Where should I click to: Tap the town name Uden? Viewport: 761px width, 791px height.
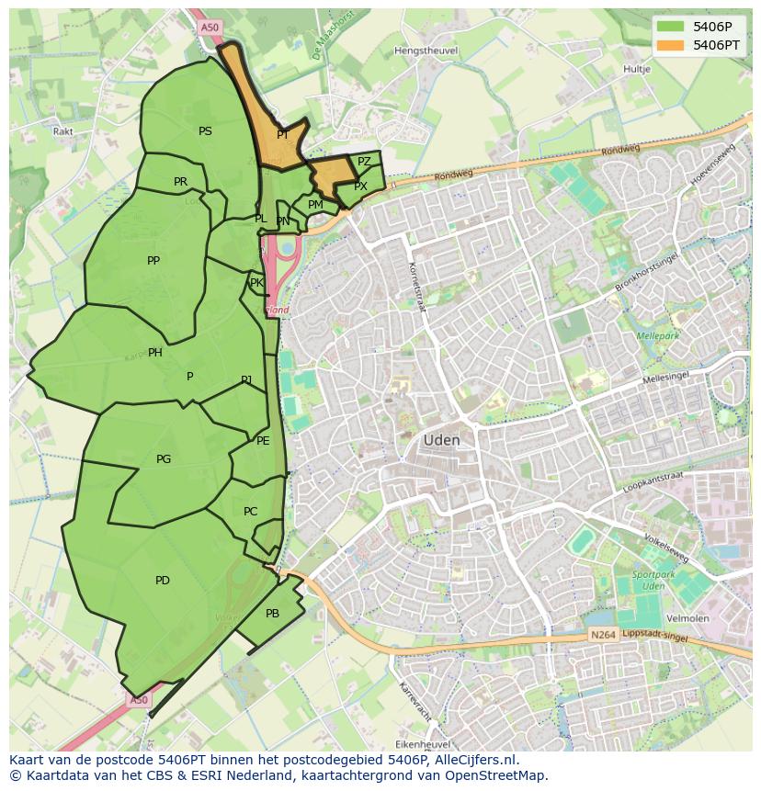coord(441,441)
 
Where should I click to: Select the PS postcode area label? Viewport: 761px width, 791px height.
coord(205,131)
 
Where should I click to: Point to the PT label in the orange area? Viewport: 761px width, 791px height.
coord(283,135)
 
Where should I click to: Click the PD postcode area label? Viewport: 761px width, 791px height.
coord(163,581)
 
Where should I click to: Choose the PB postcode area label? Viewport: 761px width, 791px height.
coord(272,614)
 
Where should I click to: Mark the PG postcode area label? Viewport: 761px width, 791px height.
coord(164,459)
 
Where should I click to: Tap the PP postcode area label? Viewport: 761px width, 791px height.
coord(153,261)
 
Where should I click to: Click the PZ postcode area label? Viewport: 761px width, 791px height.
coord(364,162)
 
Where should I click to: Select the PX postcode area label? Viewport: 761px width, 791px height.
coord(360,186)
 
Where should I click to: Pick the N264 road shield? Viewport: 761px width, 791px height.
coord(602,636)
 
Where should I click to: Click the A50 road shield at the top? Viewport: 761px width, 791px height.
coord(210,28)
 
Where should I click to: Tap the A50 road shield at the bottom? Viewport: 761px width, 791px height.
coord(138,700)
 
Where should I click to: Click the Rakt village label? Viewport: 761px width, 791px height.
coord(63,131)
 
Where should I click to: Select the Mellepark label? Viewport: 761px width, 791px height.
coord(657,336)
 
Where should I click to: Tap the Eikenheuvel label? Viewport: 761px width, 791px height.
coord(421,743)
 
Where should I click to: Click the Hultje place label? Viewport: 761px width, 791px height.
coord(636,69)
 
